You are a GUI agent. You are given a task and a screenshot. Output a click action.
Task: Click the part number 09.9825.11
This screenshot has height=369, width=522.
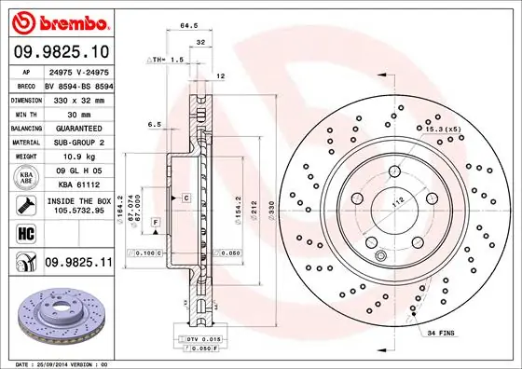[78, 265]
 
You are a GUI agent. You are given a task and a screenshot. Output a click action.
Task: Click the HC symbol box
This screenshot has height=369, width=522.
[25, 233]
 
